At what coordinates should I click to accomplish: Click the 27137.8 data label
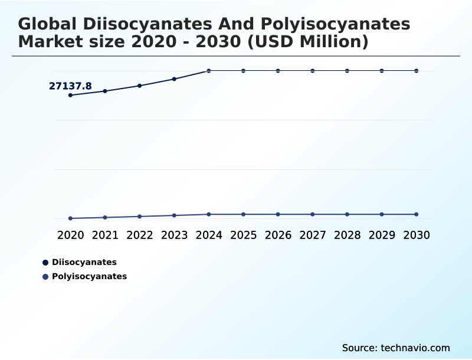coord(70,86)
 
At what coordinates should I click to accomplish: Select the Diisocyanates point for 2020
coord(71,95)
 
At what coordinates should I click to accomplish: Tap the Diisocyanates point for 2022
coord(140,86)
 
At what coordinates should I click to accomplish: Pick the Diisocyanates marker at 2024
coord(209,71)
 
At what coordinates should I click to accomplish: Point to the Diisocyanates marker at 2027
coord(313,71)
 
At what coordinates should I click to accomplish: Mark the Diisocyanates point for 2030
coord(417,71)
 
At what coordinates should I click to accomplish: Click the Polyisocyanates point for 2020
coord(71,218)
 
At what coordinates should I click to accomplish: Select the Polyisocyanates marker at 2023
coord(174,215)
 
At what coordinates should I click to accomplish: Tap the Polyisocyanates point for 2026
coord(278,214)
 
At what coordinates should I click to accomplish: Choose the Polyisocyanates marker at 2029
coord(382,214)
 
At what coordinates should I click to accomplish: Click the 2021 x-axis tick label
coord(105,235)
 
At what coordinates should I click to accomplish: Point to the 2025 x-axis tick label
coord(243,235)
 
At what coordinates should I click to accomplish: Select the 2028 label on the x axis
coord(347,235)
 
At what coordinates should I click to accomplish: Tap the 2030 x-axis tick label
coord(417,235)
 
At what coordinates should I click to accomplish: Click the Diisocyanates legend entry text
coord(84,262)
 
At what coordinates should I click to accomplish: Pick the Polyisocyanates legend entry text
coord(89,276)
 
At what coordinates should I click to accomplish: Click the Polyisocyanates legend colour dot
coord(45,276)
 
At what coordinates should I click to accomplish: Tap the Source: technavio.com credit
coord(396,348)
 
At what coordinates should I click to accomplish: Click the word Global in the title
coord(48,24)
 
